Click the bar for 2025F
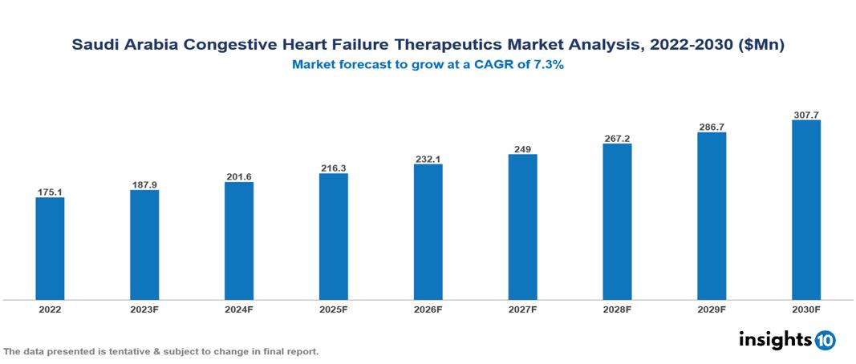334,237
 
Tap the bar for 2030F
806,210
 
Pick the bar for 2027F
522,227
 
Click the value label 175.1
50,192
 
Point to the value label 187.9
144,185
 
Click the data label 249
522,149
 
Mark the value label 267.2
617,139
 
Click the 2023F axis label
144,309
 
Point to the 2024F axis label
239,309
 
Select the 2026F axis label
428,309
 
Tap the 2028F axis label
617,309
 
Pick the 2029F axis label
712,309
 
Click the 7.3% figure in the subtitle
546,65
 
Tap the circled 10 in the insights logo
825,340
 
